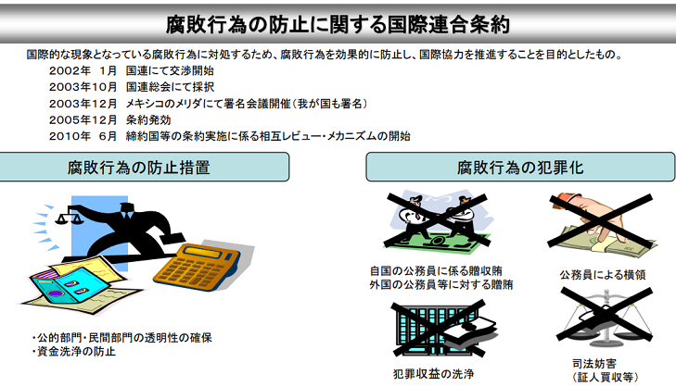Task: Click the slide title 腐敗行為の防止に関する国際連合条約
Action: click(338, 25)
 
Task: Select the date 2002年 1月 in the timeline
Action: click(83, 70)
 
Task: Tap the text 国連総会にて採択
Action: click(170, 87)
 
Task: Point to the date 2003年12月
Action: click(83, 104)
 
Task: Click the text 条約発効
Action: click(148, 120)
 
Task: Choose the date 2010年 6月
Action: click(83, 136)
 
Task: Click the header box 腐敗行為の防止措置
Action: click(144, 167)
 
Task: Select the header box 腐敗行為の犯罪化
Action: click(520, 167)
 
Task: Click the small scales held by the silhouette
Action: click(69, 216)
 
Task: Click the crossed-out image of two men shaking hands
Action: click(438, 220)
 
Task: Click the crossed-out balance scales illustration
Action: click(606, 318)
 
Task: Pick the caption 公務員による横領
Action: click(602, 275)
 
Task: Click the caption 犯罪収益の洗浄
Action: click(433, 374)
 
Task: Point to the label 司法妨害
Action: click(594, 364)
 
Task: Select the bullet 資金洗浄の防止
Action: click(74, 351)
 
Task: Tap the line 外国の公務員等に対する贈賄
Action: click(441, 284)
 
